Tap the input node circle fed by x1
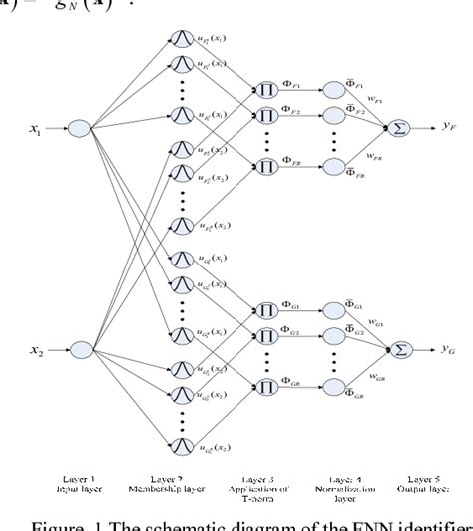tap(80, 127)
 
